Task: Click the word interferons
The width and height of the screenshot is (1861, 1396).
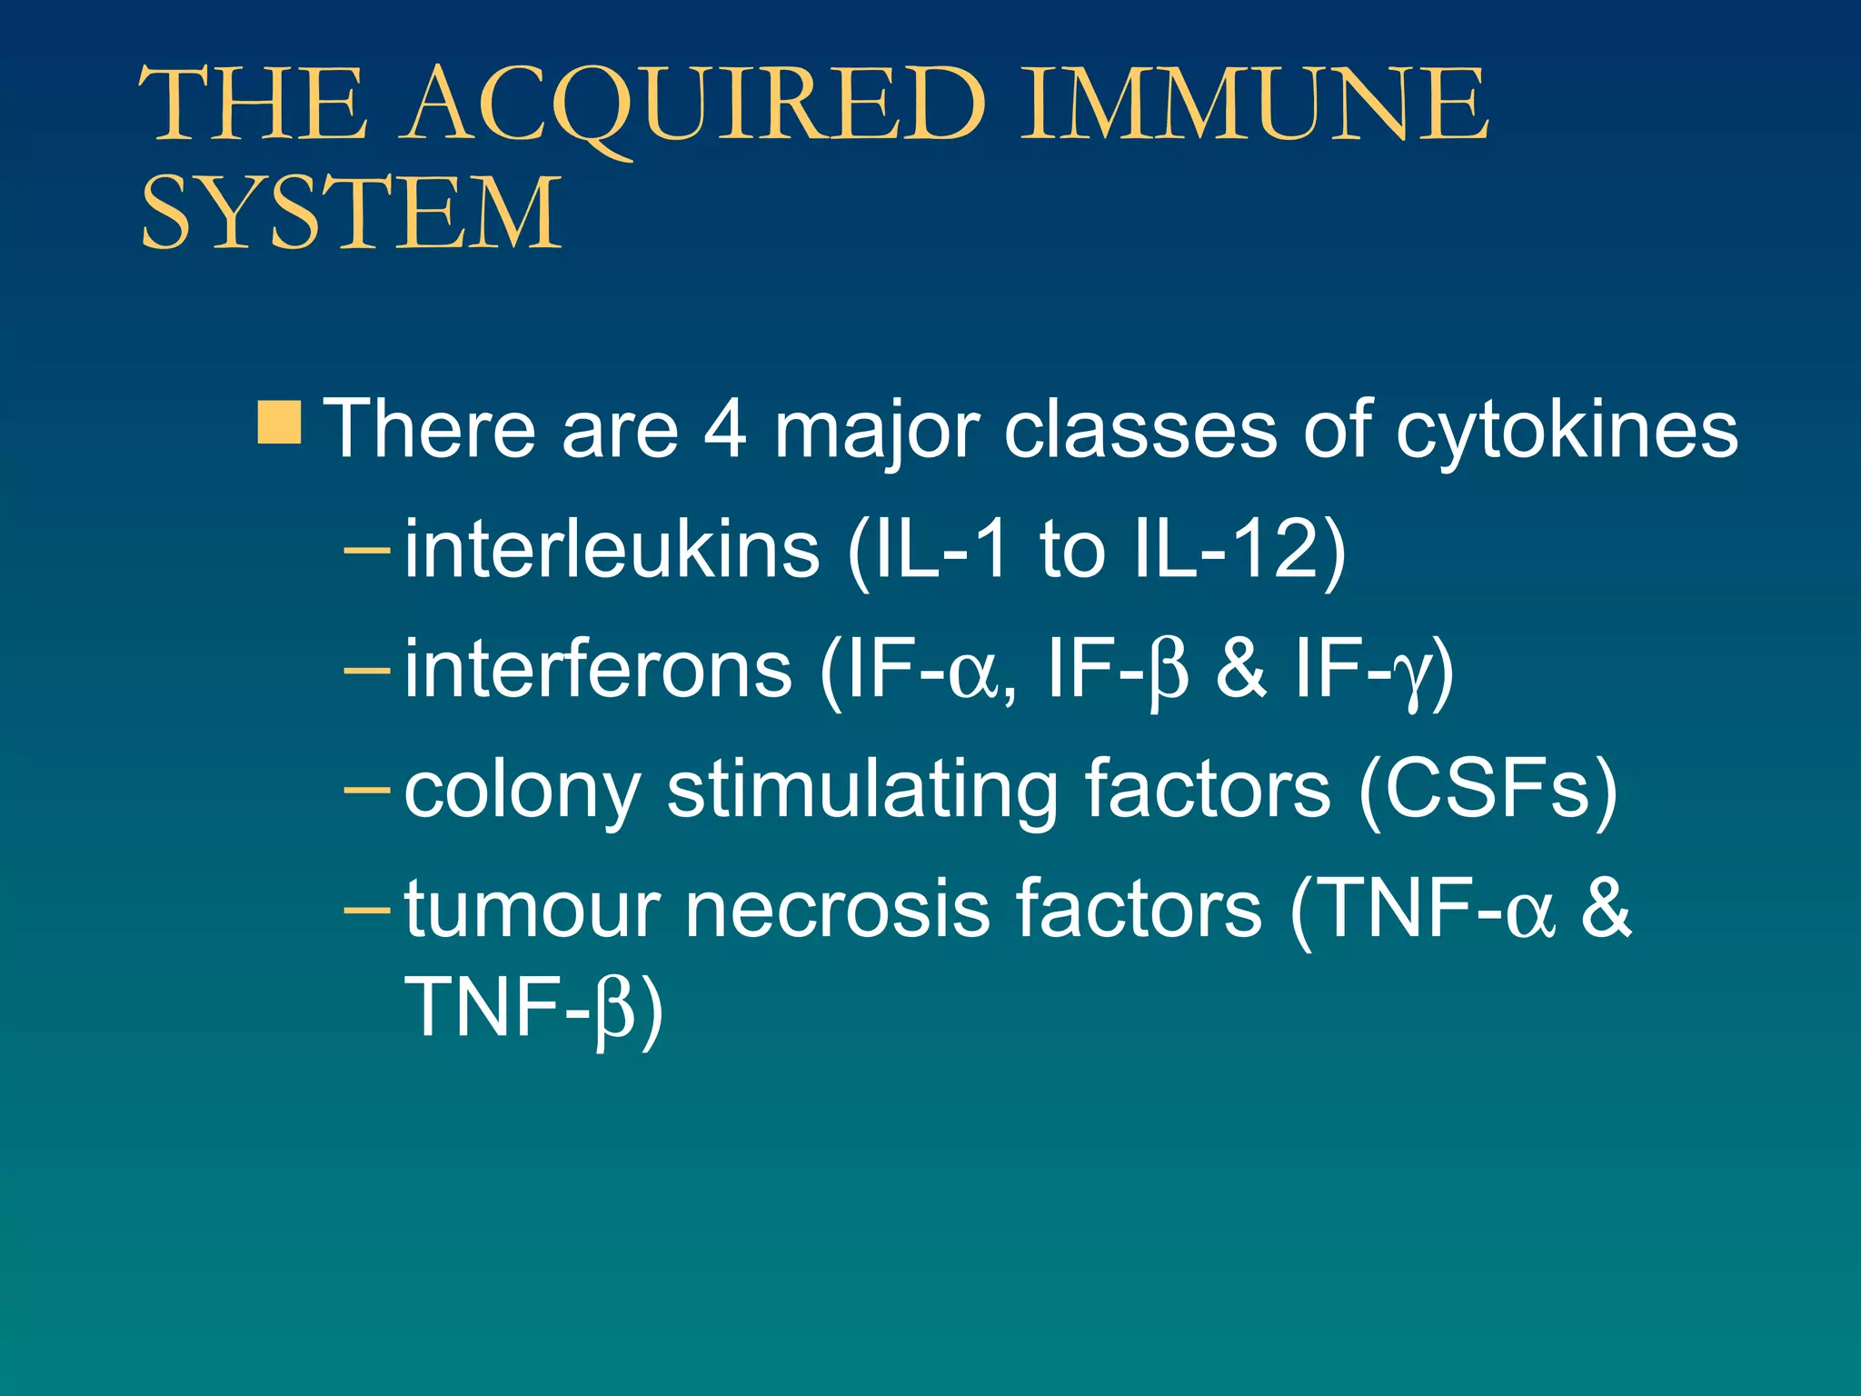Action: coord(598,669)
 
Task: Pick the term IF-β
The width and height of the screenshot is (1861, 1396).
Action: coord(1119,669)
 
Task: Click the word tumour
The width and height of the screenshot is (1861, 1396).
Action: coord(532,909)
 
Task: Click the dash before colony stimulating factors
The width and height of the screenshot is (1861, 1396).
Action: coord(367,789)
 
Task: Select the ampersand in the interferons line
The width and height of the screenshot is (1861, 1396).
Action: coord(1240,669)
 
